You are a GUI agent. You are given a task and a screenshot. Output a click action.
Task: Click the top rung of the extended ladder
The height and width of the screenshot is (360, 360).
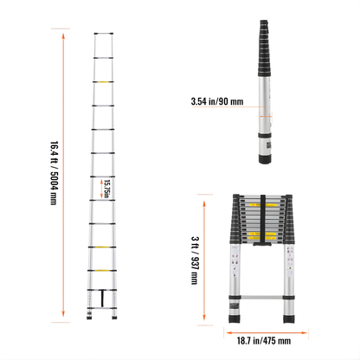pyautogui.click(x=104, y=36)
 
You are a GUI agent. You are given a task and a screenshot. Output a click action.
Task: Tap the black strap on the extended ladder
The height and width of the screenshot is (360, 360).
pyautogui.click(x=104, y=297)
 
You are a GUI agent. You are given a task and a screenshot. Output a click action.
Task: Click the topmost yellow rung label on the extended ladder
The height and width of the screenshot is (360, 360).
pyautogui.click(x=104, y=83)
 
